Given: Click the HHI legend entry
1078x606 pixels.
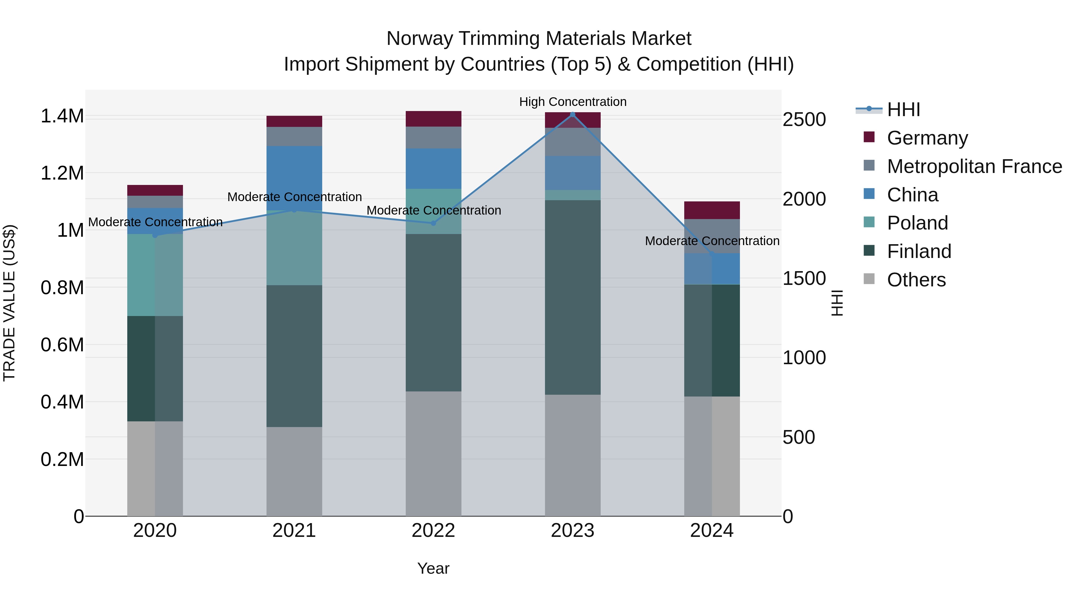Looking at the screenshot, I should pos(903,110).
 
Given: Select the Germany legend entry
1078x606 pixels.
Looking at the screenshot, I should pos(927,138).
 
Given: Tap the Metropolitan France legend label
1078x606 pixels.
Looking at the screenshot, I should pos(974,166).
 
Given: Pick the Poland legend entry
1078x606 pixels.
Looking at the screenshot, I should pos(917,223).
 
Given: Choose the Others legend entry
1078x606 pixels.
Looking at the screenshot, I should pos(916,280).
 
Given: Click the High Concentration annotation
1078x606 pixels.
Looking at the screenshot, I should pos(573,102).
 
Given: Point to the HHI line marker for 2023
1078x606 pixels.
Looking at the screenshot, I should pos(573,114).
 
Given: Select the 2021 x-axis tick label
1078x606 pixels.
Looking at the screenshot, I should pos(294,531).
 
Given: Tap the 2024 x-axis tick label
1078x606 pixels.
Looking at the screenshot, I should pos(711,531).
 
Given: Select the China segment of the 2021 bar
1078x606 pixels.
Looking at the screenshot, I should pos(294,178).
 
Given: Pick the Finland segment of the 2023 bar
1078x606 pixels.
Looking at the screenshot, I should pos(573,297).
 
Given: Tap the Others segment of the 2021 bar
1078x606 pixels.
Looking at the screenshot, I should pos(294,471).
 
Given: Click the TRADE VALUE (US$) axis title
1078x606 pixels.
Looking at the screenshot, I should pos(9,303).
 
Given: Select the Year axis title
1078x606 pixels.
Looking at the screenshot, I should pos(433,568).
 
